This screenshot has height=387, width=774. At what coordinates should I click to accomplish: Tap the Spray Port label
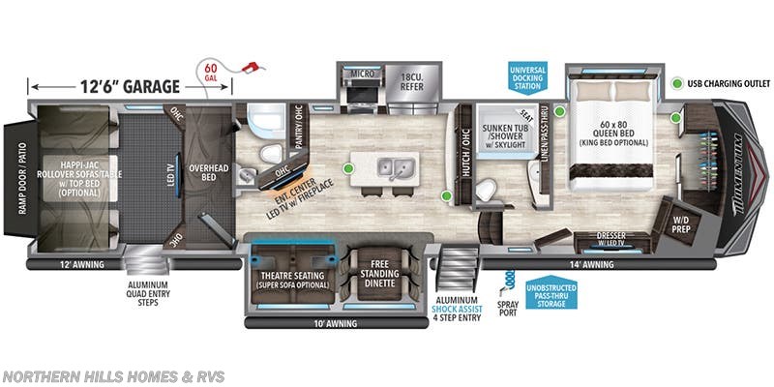pos(507,308)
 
